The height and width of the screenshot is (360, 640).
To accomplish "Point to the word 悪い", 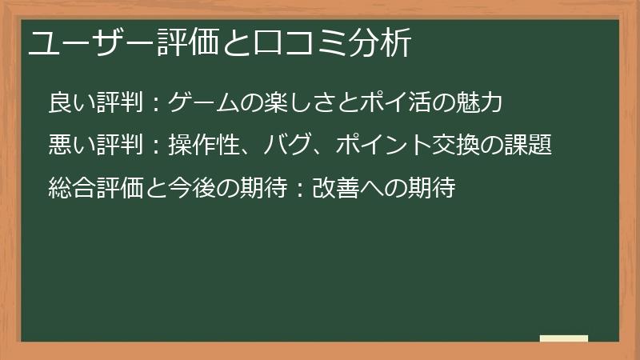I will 70,146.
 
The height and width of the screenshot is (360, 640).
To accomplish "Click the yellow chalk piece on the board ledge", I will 563,338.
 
